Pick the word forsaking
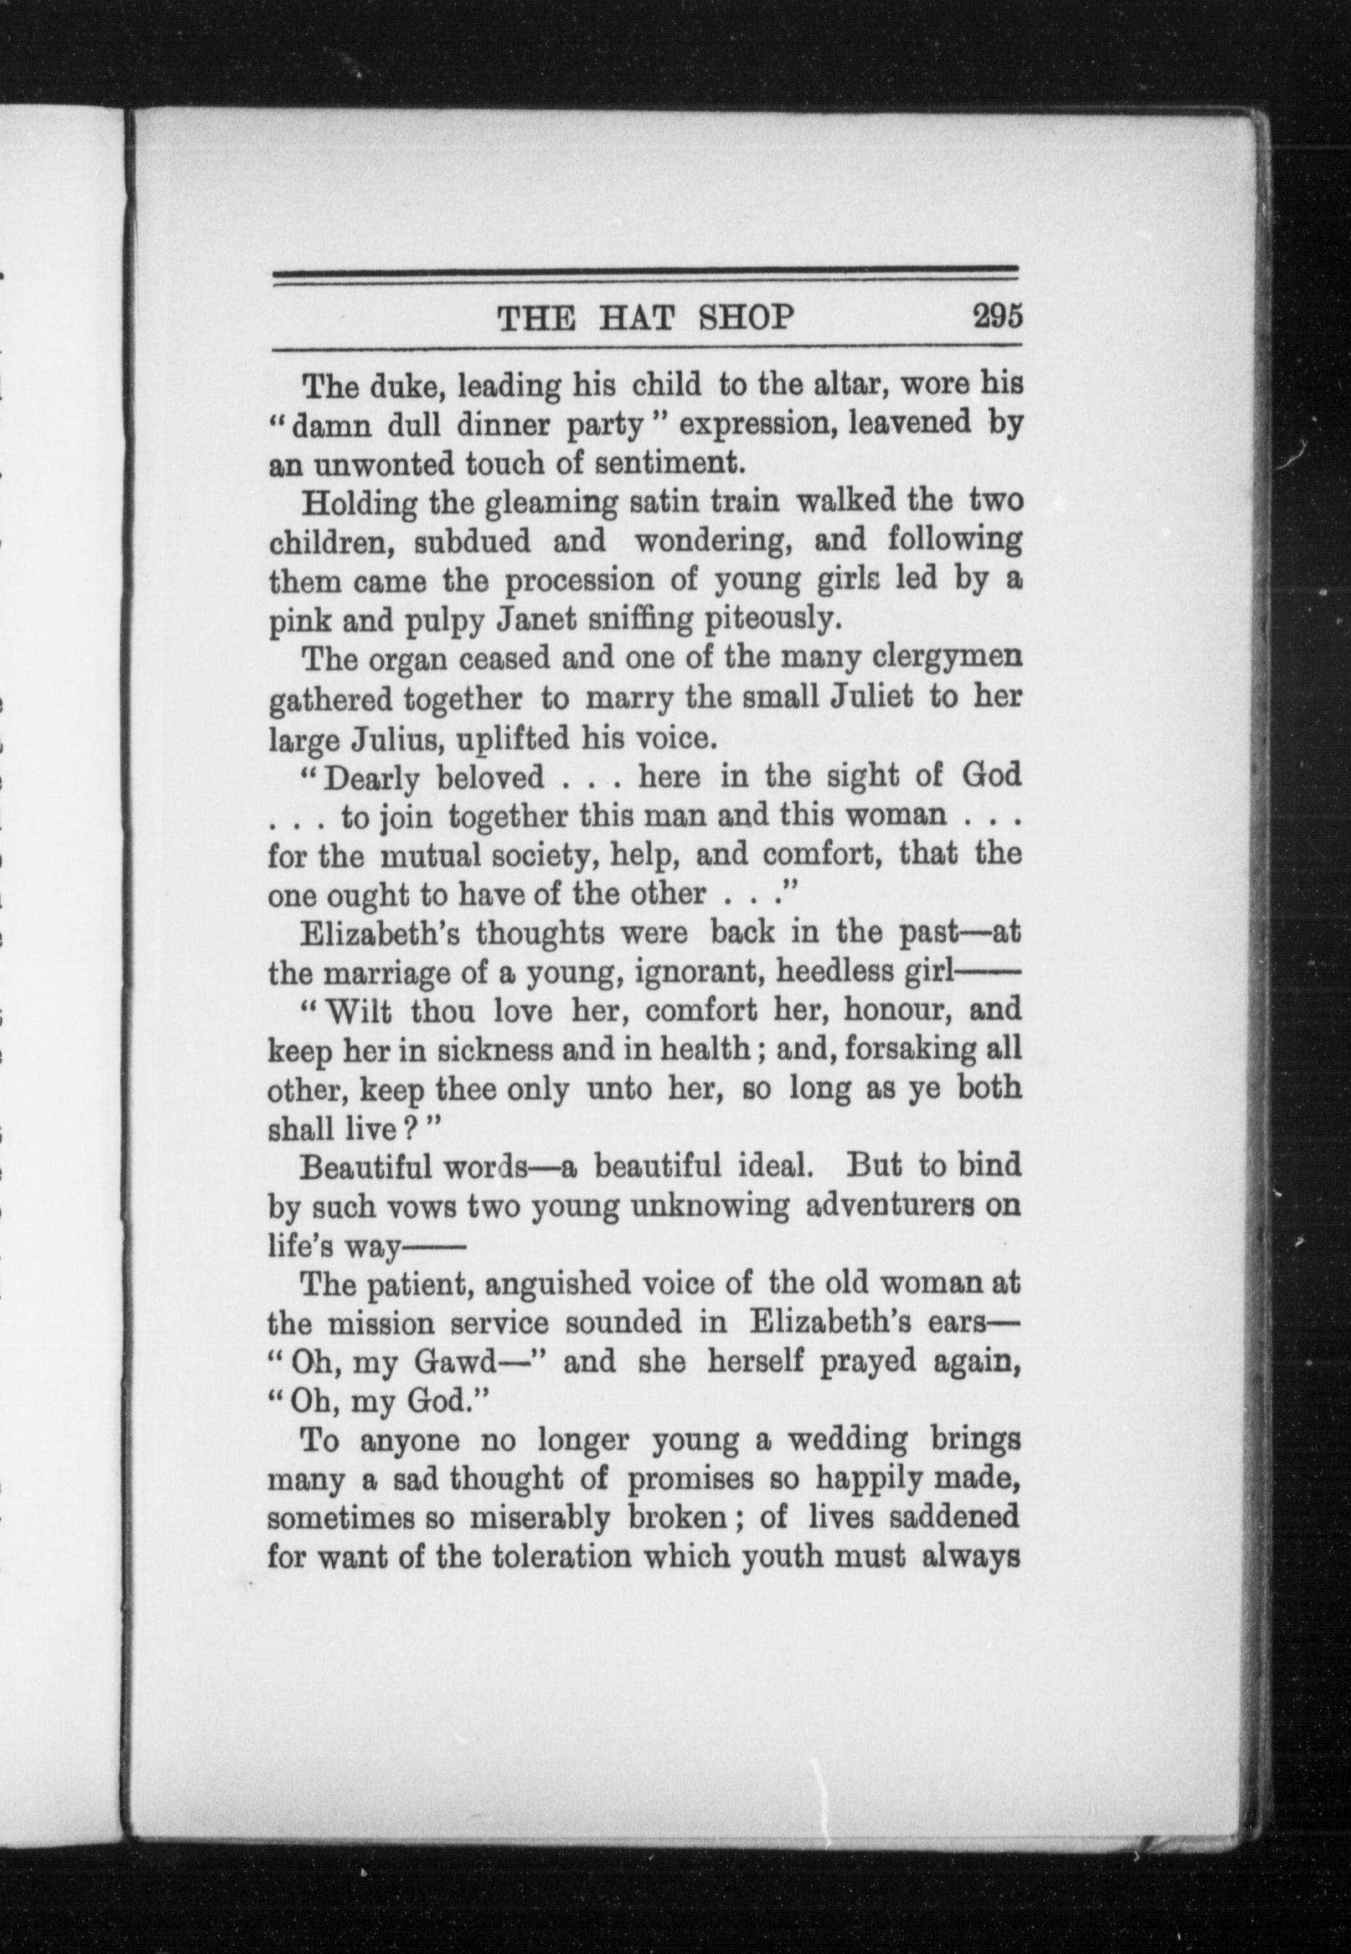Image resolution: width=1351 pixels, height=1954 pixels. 916,1050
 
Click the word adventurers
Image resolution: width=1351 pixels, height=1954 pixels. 891,1205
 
